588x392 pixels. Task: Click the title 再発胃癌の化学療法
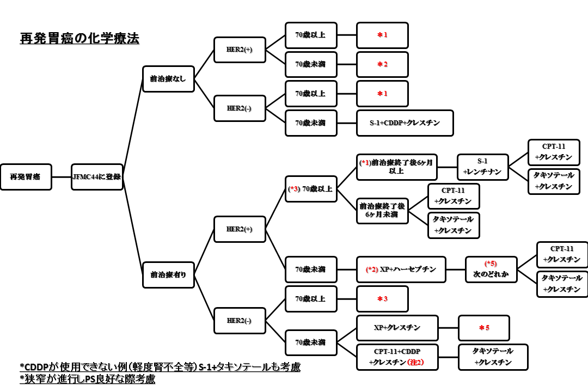pos(79,39)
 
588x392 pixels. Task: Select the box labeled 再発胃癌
pos(26,177)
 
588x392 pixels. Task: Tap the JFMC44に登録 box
pos(97,177)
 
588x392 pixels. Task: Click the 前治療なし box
pos(168,79)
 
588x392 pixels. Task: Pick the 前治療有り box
pos(168,275)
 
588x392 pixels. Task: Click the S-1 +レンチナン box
pos(482,167)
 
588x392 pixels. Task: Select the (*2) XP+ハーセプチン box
pos(401,269)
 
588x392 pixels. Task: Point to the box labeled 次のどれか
pos(491,269)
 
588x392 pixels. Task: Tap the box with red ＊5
pos(484,328)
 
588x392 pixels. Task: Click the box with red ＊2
pos(382,64)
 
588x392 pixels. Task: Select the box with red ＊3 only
pos(382,299)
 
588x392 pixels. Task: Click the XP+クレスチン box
pos(397,328)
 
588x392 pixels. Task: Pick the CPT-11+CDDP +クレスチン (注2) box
pos(397,357)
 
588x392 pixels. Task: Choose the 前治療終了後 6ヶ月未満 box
pos(382,211)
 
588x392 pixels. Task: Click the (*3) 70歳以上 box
pos(311,189)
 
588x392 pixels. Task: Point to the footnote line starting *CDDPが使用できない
pos(160,367)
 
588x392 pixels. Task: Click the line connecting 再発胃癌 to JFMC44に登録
pos(62,177)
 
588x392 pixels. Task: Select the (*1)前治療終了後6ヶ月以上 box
pos(397,167)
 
